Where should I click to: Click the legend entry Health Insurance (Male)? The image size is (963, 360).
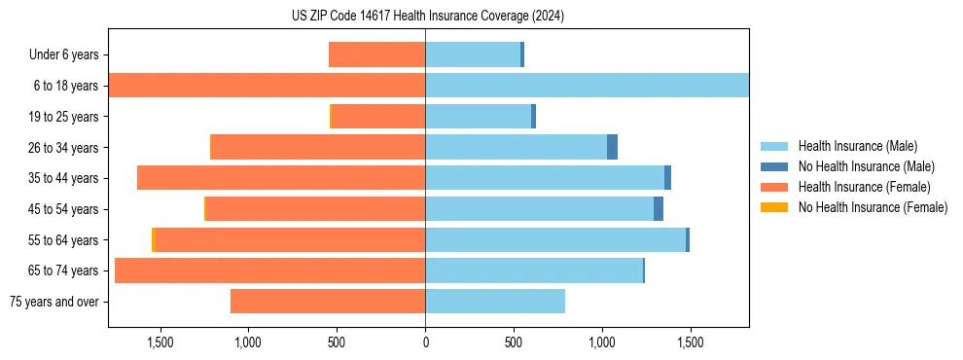click(857, 146)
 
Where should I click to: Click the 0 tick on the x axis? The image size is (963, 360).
click(425, 342)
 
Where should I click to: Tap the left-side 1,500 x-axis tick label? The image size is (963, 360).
click(160, 342)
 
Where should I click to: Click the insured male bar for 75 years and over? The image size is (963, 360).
click(495, 302)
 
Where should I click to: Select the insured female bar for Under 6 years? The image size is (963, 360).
click(376, 55)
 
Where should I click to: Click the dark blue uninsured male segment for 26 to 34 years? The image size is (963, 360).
click(612, 148)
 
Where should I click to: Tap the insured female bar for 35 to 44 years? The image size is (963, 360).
click(281, 178)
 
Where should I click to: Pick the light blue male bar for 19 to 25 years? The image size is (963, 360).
click(478, 117)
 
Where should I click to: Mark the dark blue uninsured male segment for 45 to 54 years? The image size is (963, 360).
click(659, 209)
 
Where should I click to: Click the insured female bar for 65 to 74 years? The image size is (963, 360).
click(269, 270)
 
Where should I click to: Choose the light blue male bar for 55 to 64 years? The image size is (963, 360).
click(554, 240)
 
